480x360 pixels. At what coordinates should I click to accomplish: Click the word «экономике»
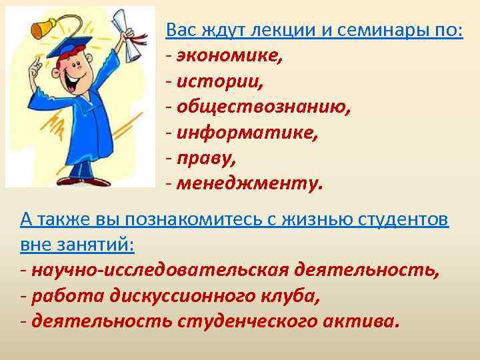(x=229, y=55)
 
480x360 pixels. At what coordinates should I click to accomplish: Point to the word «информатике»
(x=247, y=133)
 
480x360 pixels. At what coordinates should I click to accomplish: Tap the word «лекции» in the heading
(x=254, y=30)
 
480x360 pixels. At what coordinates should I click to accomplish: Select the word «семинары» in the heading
(x=357, y=30)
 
